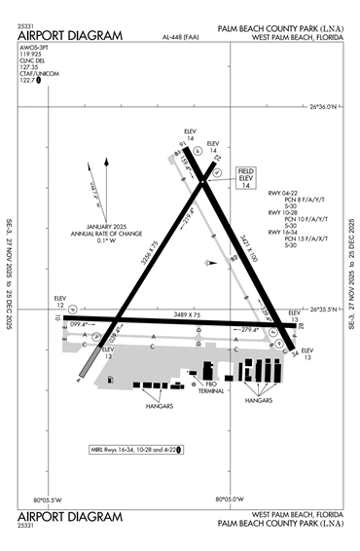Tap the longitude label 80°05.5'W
pos(48,499)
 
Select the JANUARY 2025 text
pos(107,227)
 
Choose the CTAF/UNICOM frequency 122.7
pos(28,82)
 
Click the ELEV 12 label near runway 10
pos(61,302)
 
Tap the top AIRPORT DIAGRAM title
pos(71,36)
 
